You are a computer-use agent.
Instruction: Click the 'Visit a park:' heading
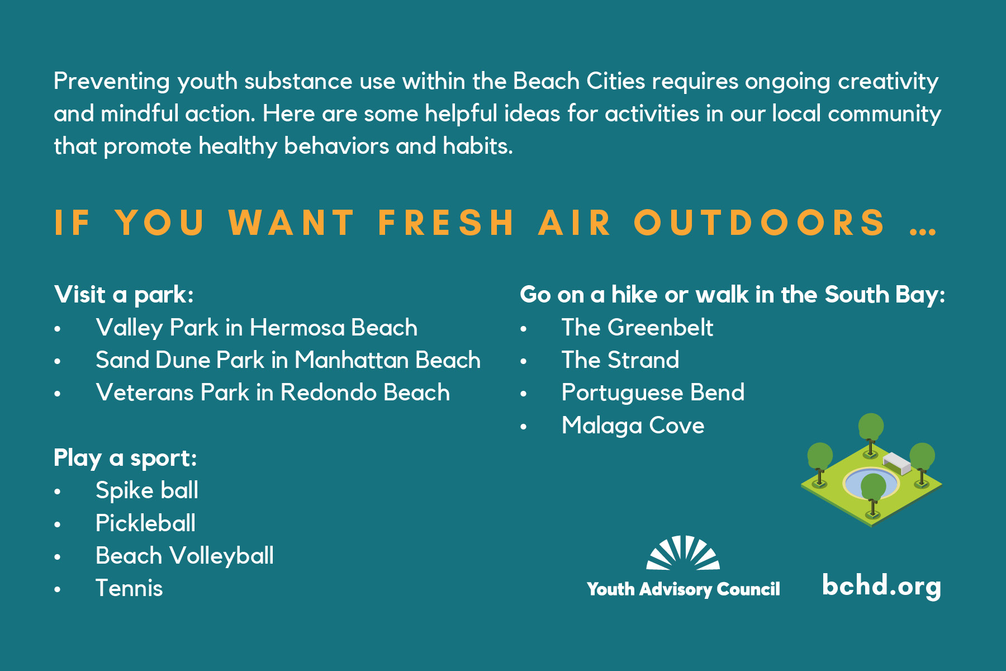124,295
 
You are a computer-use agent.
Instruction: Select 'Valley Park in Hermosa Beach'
257,328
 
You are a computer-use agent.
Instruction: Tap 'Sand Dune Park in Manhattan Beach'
288,360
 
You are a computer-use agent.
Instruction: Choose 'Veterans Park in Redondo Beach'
273,393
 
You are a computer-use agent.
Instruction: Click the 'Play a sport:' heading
125,458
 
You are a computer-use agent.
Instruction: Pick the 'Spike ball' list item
147,490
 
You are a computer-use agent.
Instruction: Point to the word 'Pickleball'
146,523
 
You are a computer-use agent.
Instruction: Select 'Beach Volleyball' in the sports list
185,556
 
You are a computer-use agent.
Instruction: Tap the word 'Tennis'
129,588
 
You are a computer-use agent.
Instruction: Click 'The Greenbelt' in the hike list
637,328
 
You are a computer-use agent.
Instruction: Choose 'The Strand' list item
620,360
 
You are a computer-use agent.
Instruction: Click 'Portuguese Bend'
653,393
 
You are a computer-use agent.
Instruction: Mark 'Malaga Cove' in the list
633,426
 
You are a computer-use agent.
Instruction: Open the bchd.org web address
881,586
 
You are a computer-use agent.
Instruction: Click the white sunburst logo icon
683,553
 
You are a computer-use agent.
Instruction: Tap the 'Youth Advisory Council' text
683,589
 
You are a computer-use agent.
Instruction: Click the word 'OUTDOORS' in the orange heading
760,223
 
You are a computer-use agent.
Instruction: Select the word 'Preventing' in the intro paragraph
112,82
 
